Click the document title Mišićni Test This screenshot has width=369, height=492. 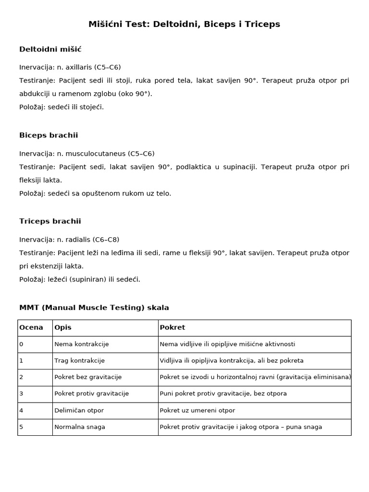[x=184, y=24]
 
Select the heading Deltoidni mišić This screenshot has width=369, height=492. [x=50, y=49]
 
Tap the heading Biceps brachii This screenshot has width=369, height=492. [x=49, y=135]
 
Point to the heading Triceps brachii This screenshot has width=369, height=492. [x=50, y=221]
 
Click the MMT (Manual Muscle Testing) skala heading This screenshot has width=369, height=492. [x=94, y=307]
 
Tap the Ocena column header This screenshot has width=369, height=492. [x=31, y=328]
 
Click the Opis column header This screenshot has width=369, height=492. [x=63, y=328]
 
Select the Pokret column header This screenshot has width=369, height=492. [x=172, y=328]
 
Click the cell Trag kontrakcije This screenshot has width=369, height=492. [x=80, y=360]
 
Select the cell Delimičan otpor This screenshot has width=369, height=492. [x=79, y=410]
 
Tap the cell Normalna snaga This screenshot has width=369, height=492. [x=80, y=427]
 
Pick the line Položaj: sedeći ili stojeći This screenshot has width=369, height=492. [x=61, y=107]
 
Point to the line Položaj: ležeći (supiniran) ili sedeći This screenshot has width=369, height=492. [x=80, y=279]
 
